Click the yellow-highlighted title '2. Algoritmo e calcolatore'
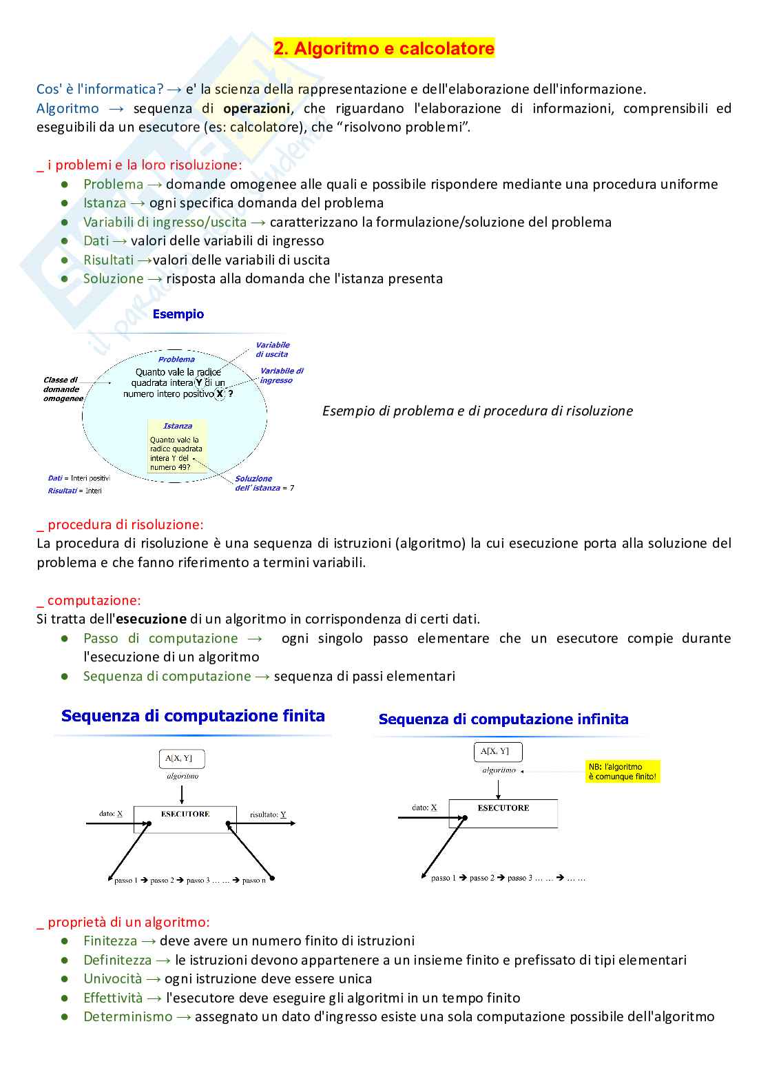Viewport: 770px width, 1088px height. point(384,48)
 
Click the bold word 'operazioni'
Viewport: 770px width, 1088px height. point(256,108)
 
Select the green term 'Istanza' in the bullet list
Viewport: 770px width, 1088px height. point(105,203)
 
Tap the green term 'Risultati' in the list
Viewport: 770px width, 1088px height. point(108,260)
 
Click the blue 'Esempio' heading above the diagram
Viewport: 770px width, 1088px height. point(178,314)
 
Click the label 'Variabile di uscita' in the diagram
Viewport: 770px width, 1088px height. point(272,349)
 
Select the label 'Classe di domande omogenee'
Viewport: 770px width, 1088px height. point(63,389)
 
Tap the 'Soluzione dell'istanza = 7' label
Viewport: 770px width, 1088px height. point(264,483)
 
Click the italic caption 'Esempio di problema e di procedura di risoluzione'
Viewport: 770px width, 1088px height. point(477,411)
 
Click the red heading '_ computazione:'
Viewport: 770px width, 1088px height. point(89,600)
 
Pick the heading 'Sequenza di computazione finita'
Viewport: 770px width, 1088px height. point(193,716)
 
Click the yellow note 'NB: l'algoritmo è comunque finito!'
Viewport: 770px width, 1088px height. point(623,772)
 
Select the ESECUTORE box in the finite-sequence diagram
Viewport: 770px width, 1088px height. point(185,819)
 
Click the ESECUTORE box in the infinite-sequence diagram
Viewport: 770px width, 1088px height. point(503,813)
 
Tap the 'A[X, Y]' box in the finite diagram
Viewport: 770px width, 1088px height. point(182,759)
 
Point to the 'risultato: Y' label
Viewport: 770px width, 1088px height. point(268,814)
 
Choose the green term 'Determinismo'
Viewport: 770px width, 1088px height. point(128,1017)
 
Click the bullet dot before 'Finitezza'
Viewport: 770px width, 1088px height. point(65,941)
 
